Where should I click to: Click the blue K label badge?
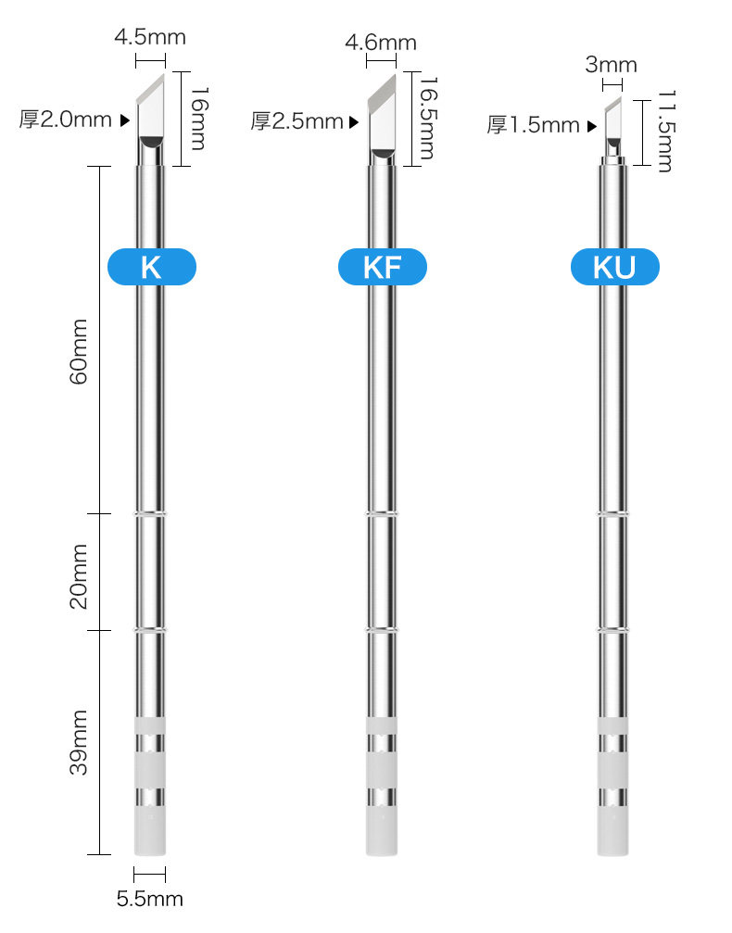pyautogui.click(x=152, y=267)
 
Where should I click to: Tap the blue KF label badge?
pyautogui.click(x=382, y=267)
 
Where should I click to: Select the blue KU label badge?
pyautogui.click(x=614, y=267)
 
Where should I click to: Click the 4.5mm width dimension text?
pyautogui.click(x=150, y=37)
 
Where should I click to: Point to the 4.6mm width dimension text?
pyautogui.click(x=381, y=43)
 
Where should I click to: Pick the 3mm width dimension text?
pyautogui.click(x=612, y=64)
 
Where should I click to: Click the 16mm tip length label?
pyautogui.click(x=199, y=119)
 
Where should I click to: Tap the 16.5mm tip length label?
pyautogui.click(x=429, y=118)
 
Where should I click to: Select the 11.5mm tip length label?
pyautogui.click(x=667, y=131)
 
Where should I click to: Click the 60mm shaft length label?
pyautogui.click(x=79, y=351)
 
